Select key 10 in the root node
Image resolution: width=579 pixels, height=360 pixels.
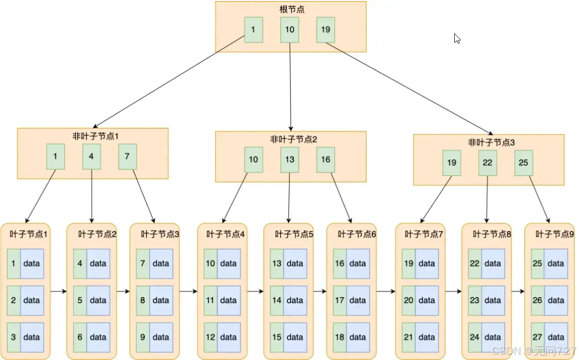289,30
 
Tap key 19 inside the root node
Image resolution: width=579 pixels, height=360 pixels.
326,30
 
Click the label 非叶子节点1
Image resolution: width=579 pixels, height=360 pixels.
92,136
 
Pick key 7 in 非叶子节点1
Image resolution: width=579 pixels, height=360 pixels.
127,157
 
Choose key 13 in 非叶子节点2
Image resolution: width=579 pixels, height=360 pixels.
289,160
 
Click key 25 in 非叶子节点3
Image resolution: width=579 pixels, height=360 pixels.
523,162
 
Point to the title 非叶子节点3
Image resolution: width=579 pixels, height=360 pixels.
488,142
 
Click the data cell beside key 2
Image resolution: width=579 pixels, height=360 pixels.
32,300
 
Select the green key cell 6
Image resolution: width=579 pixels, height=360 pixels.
80,337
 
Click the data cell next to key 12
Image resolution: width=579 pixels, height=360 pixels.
228,337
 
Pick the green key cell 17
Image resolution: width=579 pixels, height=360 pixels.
340,300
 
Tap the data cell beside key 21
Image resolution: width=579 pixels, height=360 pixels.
426,337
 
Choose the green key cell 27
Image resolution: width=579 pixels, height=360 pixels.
537,337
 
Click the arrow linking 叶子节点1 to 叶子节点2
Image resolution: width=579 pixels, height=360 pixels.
58,291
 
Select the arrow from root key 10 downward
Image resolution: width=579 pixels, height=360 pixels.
290,86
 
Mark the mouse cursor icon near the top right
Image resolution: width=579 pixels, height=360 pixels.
457,39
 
